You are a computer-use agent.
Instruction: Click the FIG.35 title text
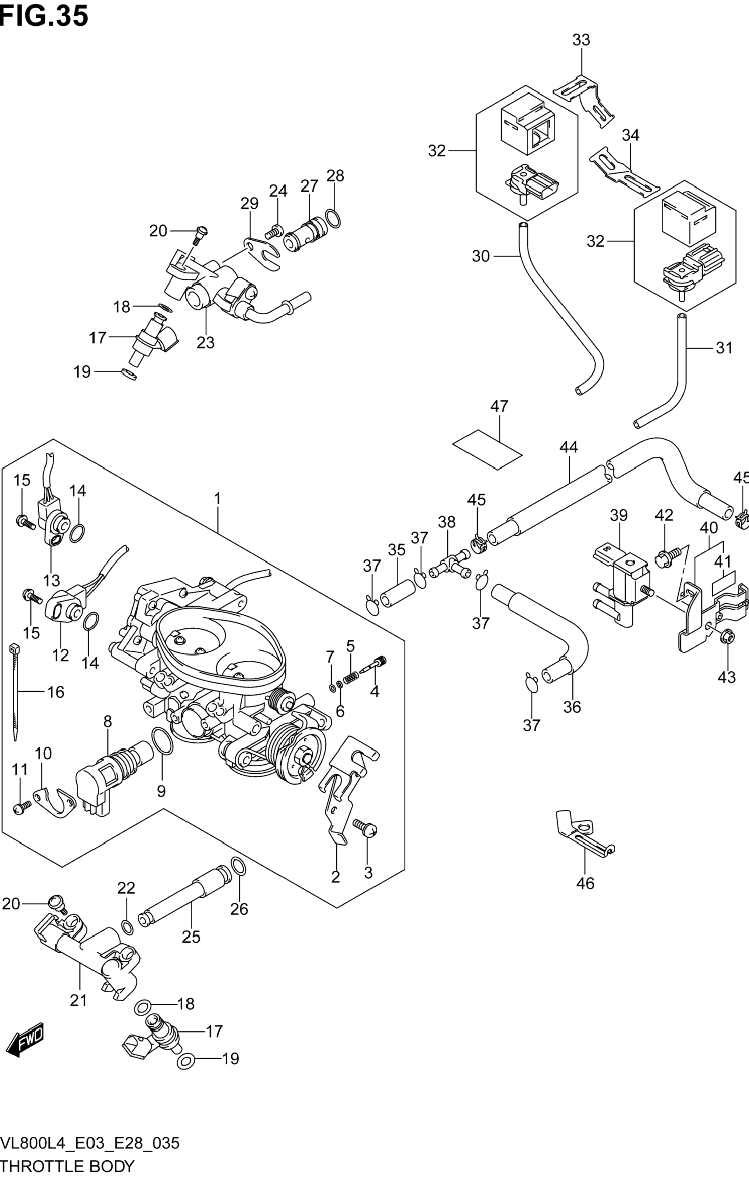44,16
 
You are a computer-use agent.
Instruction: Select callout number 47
499,406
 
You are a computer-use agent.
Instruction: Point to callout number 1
217,499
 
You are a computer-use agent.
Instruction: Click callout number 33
581,40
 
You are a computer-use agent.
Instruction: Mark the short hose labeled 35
397,593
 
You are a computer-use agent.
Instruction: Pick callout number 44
568,447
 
